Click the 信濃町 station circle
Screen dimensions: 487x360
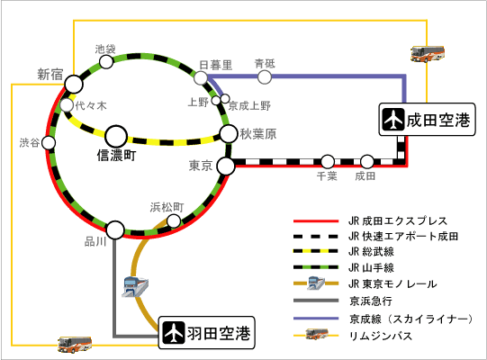(116, 137)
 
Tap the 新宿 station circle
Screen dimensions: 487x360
(74, 84)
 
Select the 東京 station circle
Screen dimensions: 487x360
(226, 166)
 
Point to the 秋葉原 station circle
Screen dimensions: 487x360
(229, 133)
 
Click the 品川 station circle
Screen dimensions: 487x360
(115, 229)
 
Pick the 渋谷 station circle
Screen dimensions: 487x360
(49, 143)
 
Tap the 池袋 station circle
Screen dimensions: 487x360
(106, 61)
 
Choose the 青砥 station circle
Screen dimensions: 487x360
(265, 76)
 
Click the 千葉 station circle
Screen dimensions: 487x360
(328, 161)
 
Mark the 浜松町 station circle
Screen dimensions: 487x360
(174, 220)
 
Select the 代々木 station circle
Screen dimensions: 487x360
(67, 105)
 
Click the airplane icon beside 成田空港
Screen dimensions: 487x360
(393, 120)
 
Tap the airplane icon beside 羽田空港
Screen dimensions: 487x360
(174, 333)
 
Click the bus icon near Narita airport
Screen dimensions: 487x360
(428, 54)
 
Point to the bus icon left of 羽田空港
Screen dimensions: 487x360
(75, 344)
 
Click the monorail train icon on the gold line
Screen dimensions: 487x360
(135, 286)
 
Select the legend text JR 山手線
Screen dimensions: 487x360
(371, 267)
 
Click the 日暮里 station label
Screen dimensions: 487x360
(215, 65)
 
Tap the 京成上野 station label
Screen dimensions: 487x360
(249, 106)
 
